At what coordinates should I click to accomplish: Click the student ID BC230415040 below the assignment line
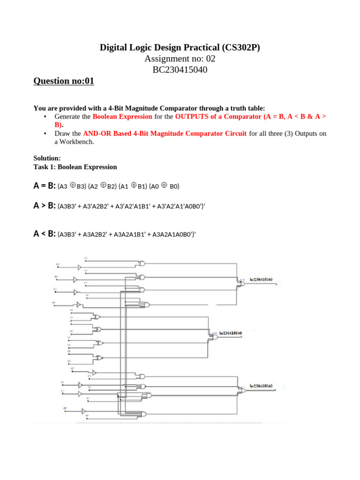180,70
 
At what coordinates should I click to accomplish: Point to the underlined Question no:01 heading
64,81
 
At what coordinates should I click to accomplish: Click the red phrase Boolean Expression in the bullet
122,116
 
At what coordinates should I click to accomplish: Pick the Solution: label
47,158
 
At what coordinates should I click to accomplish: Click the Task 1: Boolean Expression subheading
75,167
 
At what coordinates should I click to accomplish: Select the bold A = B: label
45,186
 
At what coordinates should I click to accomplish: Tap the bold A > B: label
45,206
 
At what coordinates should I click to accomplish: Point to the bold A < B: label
45,233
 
